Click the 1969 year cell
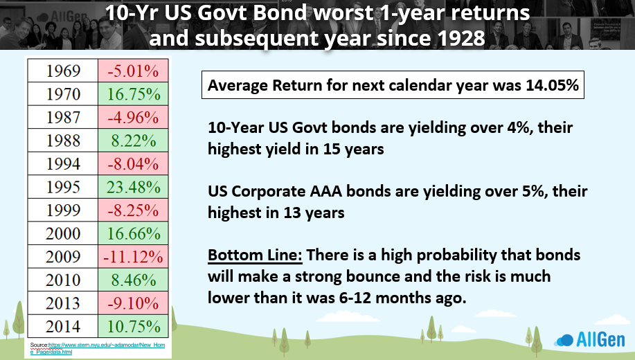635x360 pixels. (x=63, y=71)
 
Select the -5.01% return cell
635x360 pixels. (x=133, y=71)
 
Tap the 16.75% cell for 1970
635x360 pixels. (x=133, y=94)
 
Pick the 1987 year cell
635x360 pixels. (x=63, y=118)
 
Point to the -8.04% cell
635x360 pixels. (x=133, y=163)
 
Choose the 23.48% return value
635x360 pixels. (x=133, y=187)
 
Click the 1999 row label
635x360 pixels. (x=63, y=210)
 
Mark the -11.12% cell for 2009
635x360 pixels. (x=133, y=257)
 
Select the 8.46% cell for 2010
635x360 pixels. (x=133, y=280)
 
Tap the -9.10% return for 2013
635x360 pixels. (x=133, y=303)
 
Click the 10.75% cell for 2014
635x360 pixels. (x=133, y=326)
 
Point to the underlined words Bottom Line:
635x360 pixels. (x=255, y=255)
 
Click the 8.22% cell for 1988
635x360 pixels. (x=133, y=141)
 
